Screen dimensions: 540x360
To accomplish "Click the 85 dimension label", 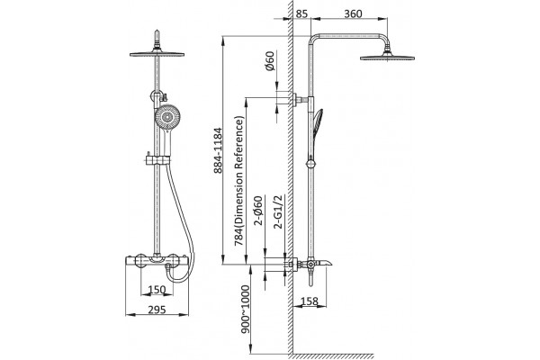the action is pos(301,13).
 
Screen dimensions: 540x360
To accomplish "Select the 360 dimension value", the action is pos(353,13).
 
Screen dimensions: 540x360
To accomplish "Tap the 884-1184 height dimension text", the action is pos(218,150).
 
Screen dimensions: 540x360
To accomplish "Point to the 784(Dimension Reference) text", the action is pos(239,181).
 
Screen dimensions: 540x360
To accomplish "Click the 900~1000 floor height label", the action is pos(245,310).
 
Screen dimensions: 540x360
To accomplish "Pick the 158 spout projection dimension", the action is pos(310,301).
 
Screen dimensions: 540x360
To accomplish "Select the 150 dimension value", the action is pos(157,290).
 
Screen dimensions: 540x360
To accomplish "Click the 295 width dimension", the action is pos(157,310).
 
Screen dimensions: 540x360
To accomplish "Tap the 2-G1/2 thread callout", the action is pos(277,211).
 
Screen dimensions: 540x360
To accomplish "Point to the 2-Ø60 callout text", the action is pos(258,210).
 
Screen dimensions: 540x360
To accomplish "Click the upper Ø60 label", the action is pos(270,60).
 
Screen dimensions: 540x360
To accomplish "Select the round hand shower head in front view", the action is pos(166,117).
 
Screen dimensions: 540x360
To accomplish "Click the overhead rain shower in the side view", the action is pos(387,58).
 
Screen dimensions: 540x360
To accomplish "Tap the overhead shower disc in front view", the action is pos(157,53).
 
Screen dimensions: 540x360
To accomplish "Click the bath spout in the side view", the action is pos(324,264).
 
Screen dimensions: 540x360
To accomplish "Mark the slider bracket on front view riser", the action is pos(157,159).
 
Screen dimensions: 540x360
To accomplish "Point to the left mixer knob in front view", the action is pos(140,260).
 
